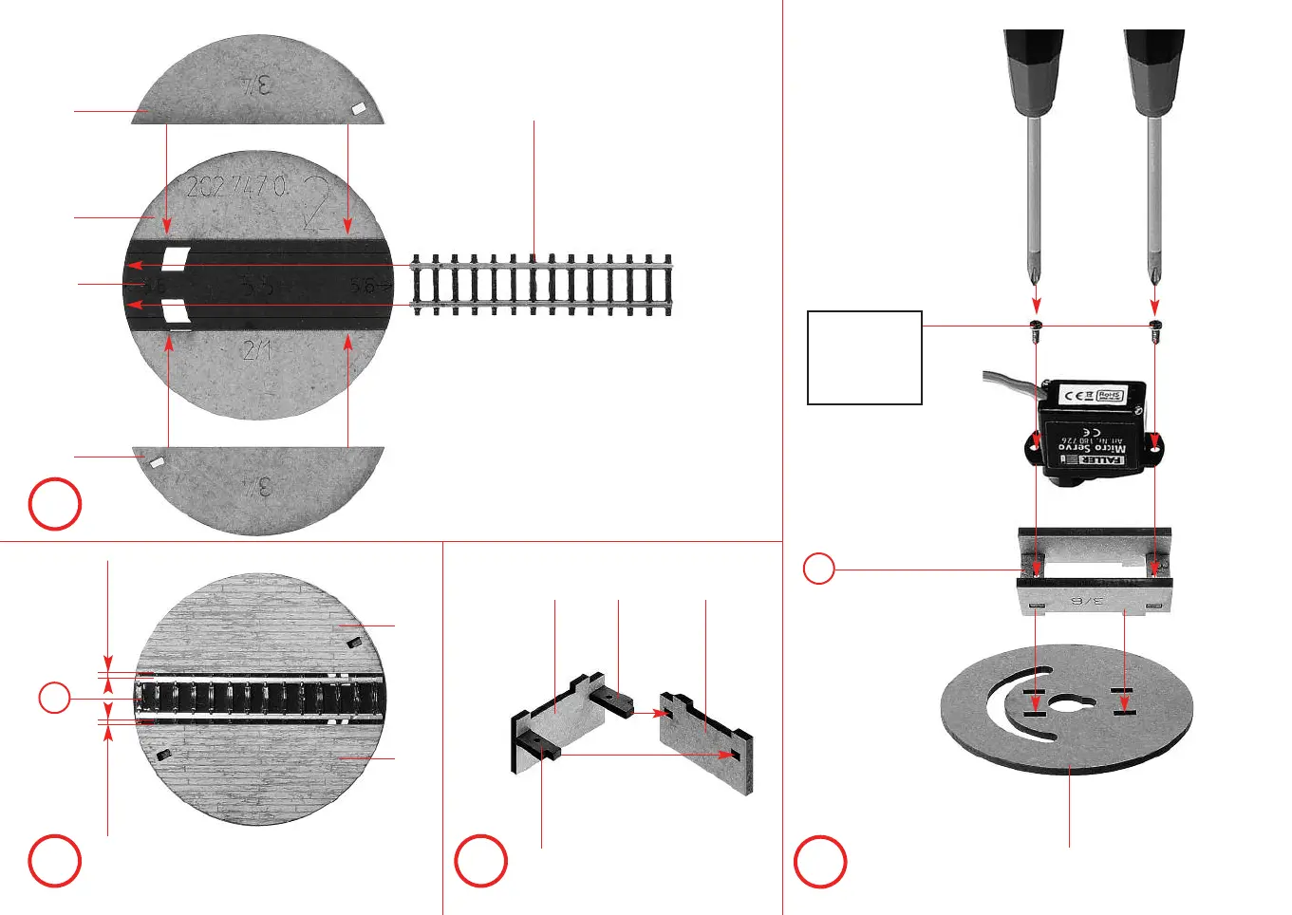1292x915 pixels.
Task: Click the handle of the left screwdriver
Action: pos(1034,72)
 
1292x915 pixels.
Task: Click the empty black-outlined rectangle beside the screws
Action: pos(864,358)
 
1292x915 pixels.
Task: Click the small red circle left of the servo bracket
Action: pos(818,570)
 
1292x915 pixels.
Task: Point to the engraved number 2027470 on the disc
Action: pos(236,185)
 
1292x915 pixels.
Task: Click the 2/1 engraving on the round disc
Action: pos(257,350)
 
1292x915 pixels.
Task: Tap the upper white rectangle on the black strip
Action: pos(176,257)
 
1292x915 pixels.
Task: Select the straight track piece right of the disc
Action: pos(542,284)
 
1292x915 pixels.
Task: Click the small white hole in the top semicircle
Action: pos(360,109)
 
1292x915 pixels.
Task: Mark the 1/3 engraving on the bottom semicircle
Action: pos(257,487)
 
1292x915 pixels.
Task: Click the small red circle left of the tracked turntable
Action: pos(54,698)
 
